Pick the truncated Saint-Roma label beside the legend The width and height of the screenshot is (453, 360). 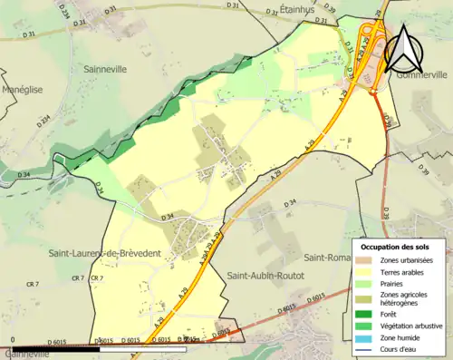[327, 257]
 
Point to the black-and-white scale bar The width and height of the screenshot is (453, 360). [100, 348]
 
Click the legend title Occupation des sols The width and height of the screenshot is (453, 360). [401, 247]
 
